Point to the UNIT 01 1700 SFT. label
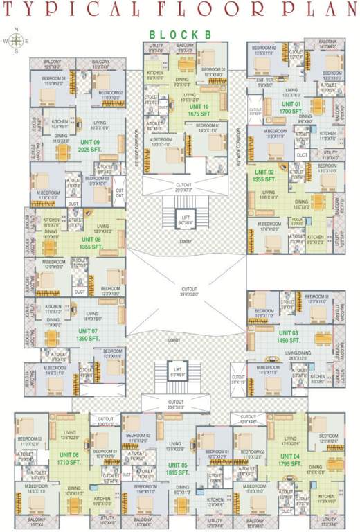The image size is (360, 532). (x=291, y=107)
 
